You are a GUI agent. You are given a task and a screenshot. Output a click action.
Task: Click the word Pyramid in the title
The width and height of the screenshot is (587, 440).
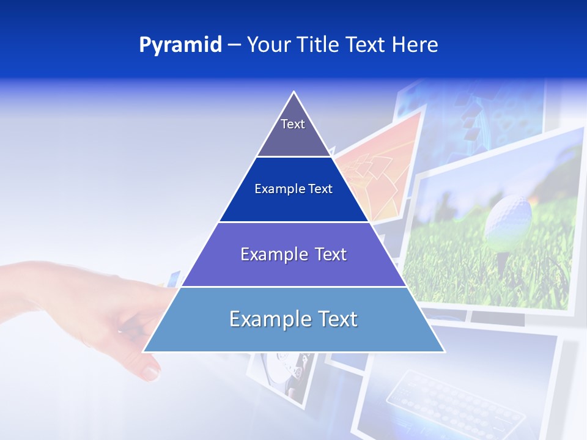click(180, 45)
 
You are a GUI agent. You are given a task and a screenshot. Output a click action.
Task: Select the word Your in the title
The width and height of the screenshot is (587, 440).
click(267, 45)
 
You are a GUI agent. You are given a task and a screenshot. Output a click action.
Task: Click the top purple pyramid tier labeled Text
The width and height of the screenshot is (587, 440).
click(293, 131)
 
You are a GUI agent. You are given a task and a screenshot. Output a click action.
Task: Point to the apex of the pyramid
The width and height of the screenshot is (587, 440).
click(294, 94)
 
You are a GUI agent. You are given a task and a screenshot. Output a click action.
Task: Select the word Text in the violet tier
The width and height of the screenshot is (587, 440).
click(331, 254)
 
